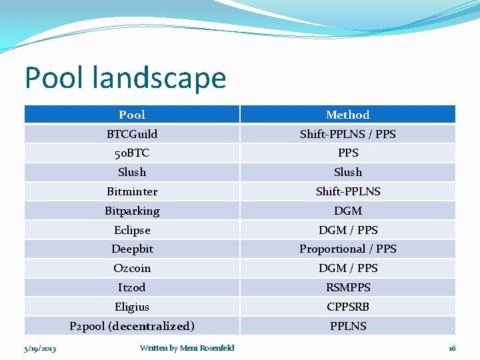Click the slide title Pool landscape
pos(125,77)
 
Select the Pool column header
pos(132,115)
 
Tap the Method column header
pos(347,115)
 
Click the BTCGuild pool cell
pos(132,134)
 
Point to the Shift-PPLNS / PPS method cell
pos(347,134)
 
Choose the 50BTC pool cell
pos(132,153)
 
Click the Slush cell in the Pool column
pos(132,172)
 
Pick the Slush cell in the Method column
pos(347,172)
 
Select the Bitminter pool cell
pos(132,191)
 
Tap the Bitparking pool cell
pos(132,211)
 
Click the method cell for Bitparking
pos(347,211)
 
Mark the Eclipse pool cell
pos(132,230)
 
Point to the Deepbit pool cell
pos(132,249)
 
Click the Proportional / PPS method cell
pos(347,249)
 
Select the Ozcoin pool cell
pos(132,268)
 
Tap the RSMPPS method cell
pos(347,287)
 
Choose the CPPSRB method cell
pos(347,307)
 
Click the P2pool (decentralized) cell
pos(132,326)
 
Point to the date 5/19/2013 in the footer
pos(40,348)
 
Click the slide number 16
pos(451,348)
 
